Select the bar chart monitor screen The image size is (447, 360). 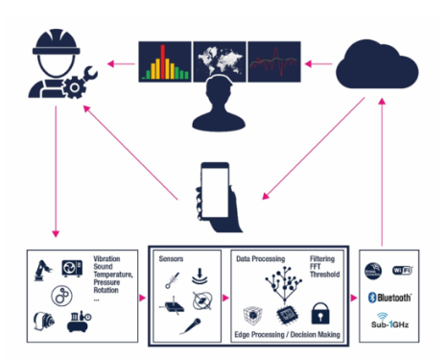click(x=166, y=60)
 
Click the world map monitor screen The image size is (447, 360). click(x=220, y=60)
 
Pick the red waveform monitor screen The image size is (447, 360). click(x=273, y=60)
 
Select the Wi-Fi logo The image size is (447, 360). click(x=410, y=272)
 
